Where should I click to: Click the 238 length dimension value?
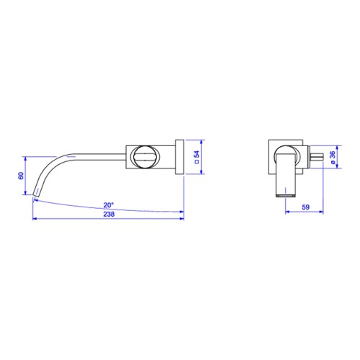(109, 214)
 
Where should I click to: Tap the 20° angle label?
(109, 205)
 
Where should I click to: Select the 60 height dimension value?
(21, 176)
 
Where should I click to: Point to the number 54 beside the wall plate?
(197, 154)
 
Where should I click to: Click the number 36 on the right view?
(332, 155)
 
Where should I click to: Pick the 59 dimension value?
(305, 207)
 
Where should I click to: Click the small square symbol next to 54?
(197, 161)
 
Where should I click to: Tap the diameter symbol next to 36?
(333, 162)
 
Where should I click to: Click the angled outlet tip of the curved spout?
(35, 193)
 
